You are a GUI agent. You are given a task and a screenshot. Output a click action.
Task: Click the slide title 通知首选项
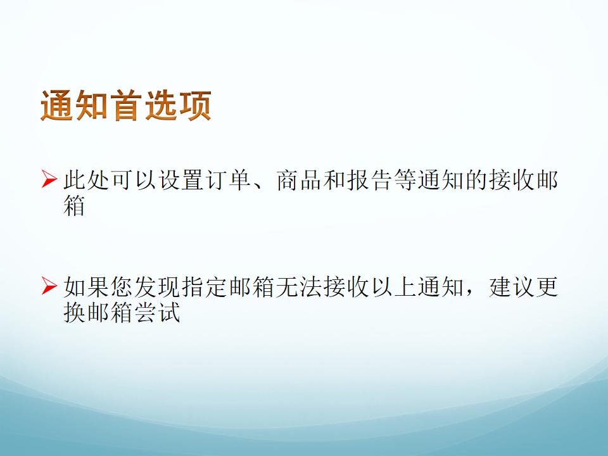tap(126, 106)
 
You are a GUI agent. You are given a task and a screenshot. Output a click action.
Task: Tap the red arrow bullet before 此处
tap(49, 179)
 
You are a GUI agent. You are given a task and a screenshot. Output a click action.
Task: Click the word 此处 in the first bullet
tap(87, 180)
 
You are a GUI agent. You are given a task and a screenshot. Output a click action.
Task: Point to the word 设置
tap(182, 180)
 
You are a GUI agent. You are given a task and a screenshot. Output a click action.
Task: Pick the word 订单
tap(229, 180)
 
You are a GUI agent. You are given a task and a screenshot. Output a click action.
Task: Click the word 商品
tap(300, 180)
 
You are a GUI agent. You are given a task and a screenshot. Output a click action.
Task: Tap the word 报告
tap(370, 180)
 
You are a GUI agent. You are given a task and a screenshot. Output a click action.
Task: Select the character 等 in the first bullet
tap(406, 180)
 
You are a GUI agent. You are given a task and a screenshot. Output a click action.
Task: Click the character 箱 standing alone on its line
tap(75, 205)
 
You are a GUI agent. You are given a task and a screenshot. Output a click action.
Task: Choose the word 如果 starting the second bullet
tap(87, 286)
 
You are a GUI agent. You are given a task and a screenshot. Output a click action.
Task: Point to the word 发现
tap(158, 286)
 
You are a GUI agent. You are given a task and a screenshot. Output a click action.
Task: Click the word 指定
tap(205, 286)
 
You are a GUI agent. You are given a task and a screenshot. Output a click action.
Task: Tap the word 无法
tap(300, 286)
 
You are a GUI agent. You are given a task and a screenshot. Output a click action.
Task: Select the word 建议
tap(512, 286)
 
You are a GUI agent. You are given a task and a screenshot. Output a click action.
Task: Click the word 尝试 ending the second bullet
tap(158, 312)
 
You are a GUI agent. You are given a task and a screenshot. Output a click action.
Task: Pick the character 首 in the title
tap(126, 106)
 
